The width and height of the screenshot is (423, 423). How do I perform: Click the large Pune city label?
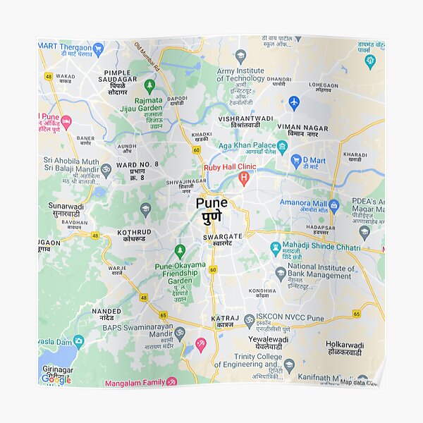coord(211,204)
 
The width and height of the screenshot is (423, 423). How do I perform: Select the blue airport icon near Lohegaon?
coord(294,102)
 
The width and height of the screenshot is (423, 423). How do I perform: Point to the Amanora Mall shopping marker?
coord(334,205)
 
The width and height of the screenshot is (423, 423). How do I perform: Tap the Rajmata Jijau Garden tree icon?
coord(149,85)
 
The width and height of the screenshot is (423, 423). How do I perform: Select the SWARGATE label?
coord(222,237)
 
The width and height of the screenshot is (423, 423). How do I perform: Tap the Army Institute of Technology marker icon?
coord(240,56)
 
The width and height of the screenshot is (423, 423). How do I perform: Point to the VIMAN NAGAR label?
coord(302,128)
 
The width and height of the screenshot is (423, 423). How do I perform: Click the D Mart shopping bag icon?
coord(297,160)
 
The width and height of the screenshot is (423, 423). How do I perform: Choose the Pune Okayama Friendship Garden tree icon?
coord(180,251)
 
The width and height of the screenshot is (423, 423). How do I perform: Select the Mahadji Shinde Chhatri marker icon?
coord(276,247)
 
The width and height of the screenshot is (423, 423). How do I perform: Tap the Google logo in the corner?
coord(56,379)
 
